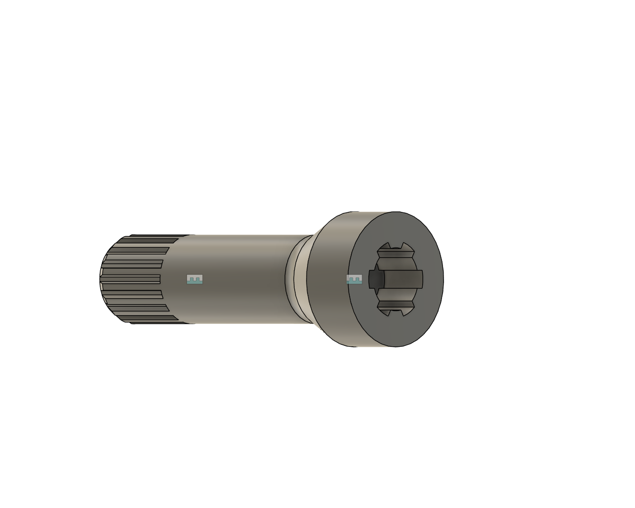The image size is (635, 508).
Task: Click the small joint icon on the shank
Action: (195, 279)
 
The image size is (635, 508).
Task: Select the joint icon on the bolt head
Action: (354, 280)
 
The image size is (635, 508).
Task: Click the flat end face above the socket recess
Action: (397, 226)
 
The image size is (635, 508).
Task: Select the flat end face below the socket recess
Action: (397, 332)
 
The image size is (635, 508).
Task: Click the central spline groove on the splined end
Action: (131, 279)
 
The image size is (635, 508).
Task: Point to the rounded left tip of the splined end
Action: (102, 279)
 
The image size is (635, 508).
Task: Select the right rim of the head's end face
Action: (443, 279)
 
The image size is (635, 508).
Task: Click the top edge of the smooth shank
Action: (248, 235)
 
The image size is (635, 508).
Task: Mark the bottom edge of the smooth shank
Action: (248, 323)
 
